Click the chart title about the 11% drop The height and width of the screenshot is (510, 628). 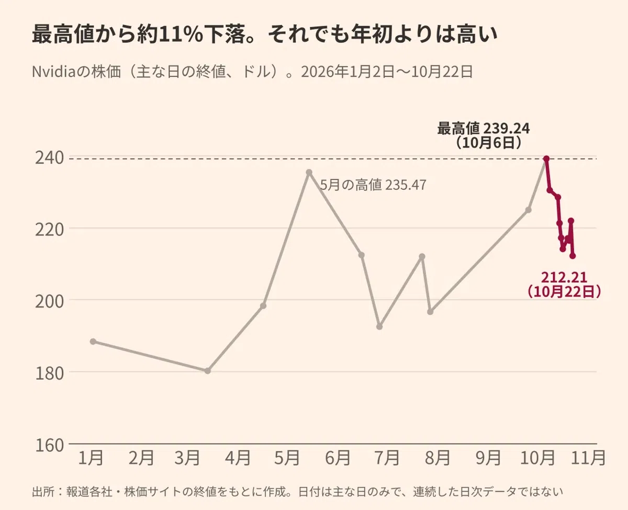[264, 34]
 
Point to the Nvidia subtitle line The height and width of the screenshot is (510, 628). [252, 72]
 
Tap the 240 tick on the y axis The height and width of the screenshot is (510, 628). [49, 158]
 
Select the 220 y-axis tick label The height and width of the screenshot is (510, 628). [49, 230]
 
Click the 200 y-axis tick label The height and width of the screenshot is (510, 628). [49, 302]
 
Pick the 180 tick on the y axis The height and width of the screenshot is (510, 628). [49, 373]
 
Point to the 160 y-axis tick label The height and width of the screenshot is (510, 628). [49, 445]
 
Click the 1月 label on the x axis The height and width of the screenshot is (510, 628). [91, 458]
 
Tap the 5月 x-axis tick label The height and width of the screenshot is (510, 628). [287, 458]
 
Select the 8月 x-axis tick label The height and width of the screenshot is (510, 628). [438, 458]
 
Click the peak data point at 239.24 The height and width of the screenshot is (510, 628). [546, 159]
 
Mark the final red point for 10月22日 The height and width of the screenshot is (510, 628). [573, 256]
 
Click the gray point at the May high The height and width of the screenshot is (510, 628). [309, 173]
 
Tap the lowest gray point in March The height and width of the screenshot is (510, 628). [208, 371]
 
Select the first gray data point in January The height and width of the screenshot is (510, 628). [93, 342]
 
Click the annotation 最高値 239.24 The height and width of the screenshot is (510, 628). [484, 129]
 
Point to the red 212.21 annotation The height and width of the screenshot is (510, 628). [564, 278]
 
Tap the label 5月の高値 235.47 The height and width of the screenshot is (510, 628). [373, 185]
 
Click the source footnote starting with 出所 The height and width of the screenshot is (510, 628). [297, 491]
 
